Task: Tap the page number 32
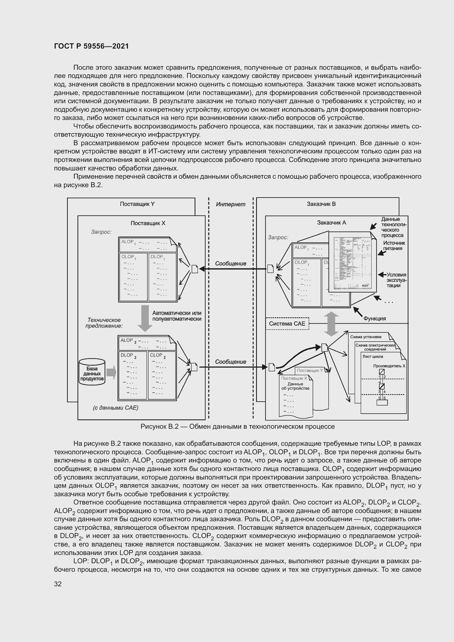coord(58,584)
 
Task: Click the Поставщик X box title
coord(148,223)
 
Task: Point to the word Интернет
coord(231,204)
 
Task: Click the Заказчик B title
coord(321,204)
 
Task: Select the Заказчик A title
coord(331,223)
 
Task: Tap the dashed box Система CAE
coord(287,324)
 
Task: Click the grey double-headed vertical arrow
coord(331,324)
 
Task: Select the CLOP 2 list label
coord(158,355)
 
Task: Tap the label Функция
coord(375,318)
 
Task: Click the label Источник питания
coord(394,246)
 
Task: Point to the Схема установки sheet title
coord(366,337)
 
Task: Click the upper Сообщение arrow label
coord(231,263)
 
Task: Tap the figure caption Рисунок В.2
coord(237,427)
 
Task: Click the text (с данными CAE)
coord(116,408)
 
